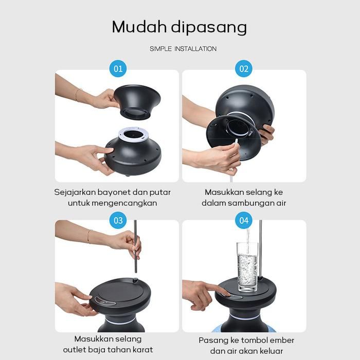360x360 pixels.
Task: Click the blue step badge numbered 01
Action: pyautogui.click(x=118, y=68)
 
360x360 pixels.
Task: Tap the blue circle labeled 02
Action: pyautogui.click(x=244, y=68)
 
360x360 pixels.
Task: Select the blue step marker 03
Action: pyautogui.click(x=118, y=220)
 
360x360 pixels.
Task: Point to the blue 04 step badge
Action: pyautogui.click(x=244, y=220)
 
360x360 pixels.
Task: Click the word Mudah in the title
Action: pyautogui.click(x=139, y=27)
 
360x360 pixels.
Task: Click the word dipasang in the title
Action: pyautogui.click(x=209, y=28)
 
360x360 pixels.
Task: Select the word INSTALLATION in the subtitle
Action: pyautogui.click(x=195, y=49)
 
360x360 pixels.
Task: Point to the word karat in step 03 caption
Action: pyautogui.click(x=142, y=349)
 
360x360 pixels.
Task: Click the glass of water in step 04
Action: pyautogui.click(x=247, y=267)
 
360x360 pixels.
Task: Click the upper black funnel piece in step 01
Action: pyautogui.click(x=137, y=102)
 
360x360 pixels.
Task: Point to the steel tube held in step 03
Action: pyautogui.click(x=135, y=246)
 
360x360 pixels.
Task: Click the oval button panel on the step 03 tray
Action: pyautogui.click(x=105, y=301)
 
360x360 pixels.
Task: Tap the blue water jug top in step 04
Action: pyautogui.click(x=244, y=329)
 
